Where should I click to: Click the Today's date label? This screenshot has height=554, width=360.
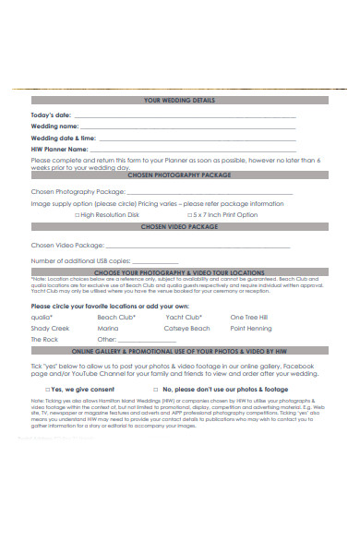[51, 115]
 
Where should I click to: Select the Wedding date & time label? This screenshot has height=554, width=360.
[64, 138]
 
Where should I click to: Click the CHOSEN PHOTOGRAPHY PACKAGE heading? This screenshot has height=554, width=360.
[179, 173]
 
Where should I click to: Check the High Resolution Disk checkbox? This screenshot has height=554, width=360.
[77, 214]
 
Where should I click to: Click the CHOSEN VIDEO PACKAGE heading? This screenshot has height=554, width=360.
[179, 226]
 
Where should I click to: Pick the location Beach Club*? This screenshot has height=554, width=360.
[116, 317]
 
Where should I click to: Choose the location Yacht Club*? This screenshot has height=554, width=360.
[183, 317]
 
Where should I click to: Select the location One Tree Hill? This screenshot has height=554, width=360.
[249, 317]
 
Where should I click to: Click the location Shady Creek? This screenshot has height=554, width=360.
[50, 328]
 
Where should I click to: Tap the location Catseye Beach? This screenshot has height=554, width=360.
[187, 328]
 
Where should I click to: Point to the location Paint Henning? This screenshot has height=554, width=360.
[251, 328]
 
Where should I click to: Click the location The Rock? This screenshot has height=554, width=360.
[44, 339]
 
